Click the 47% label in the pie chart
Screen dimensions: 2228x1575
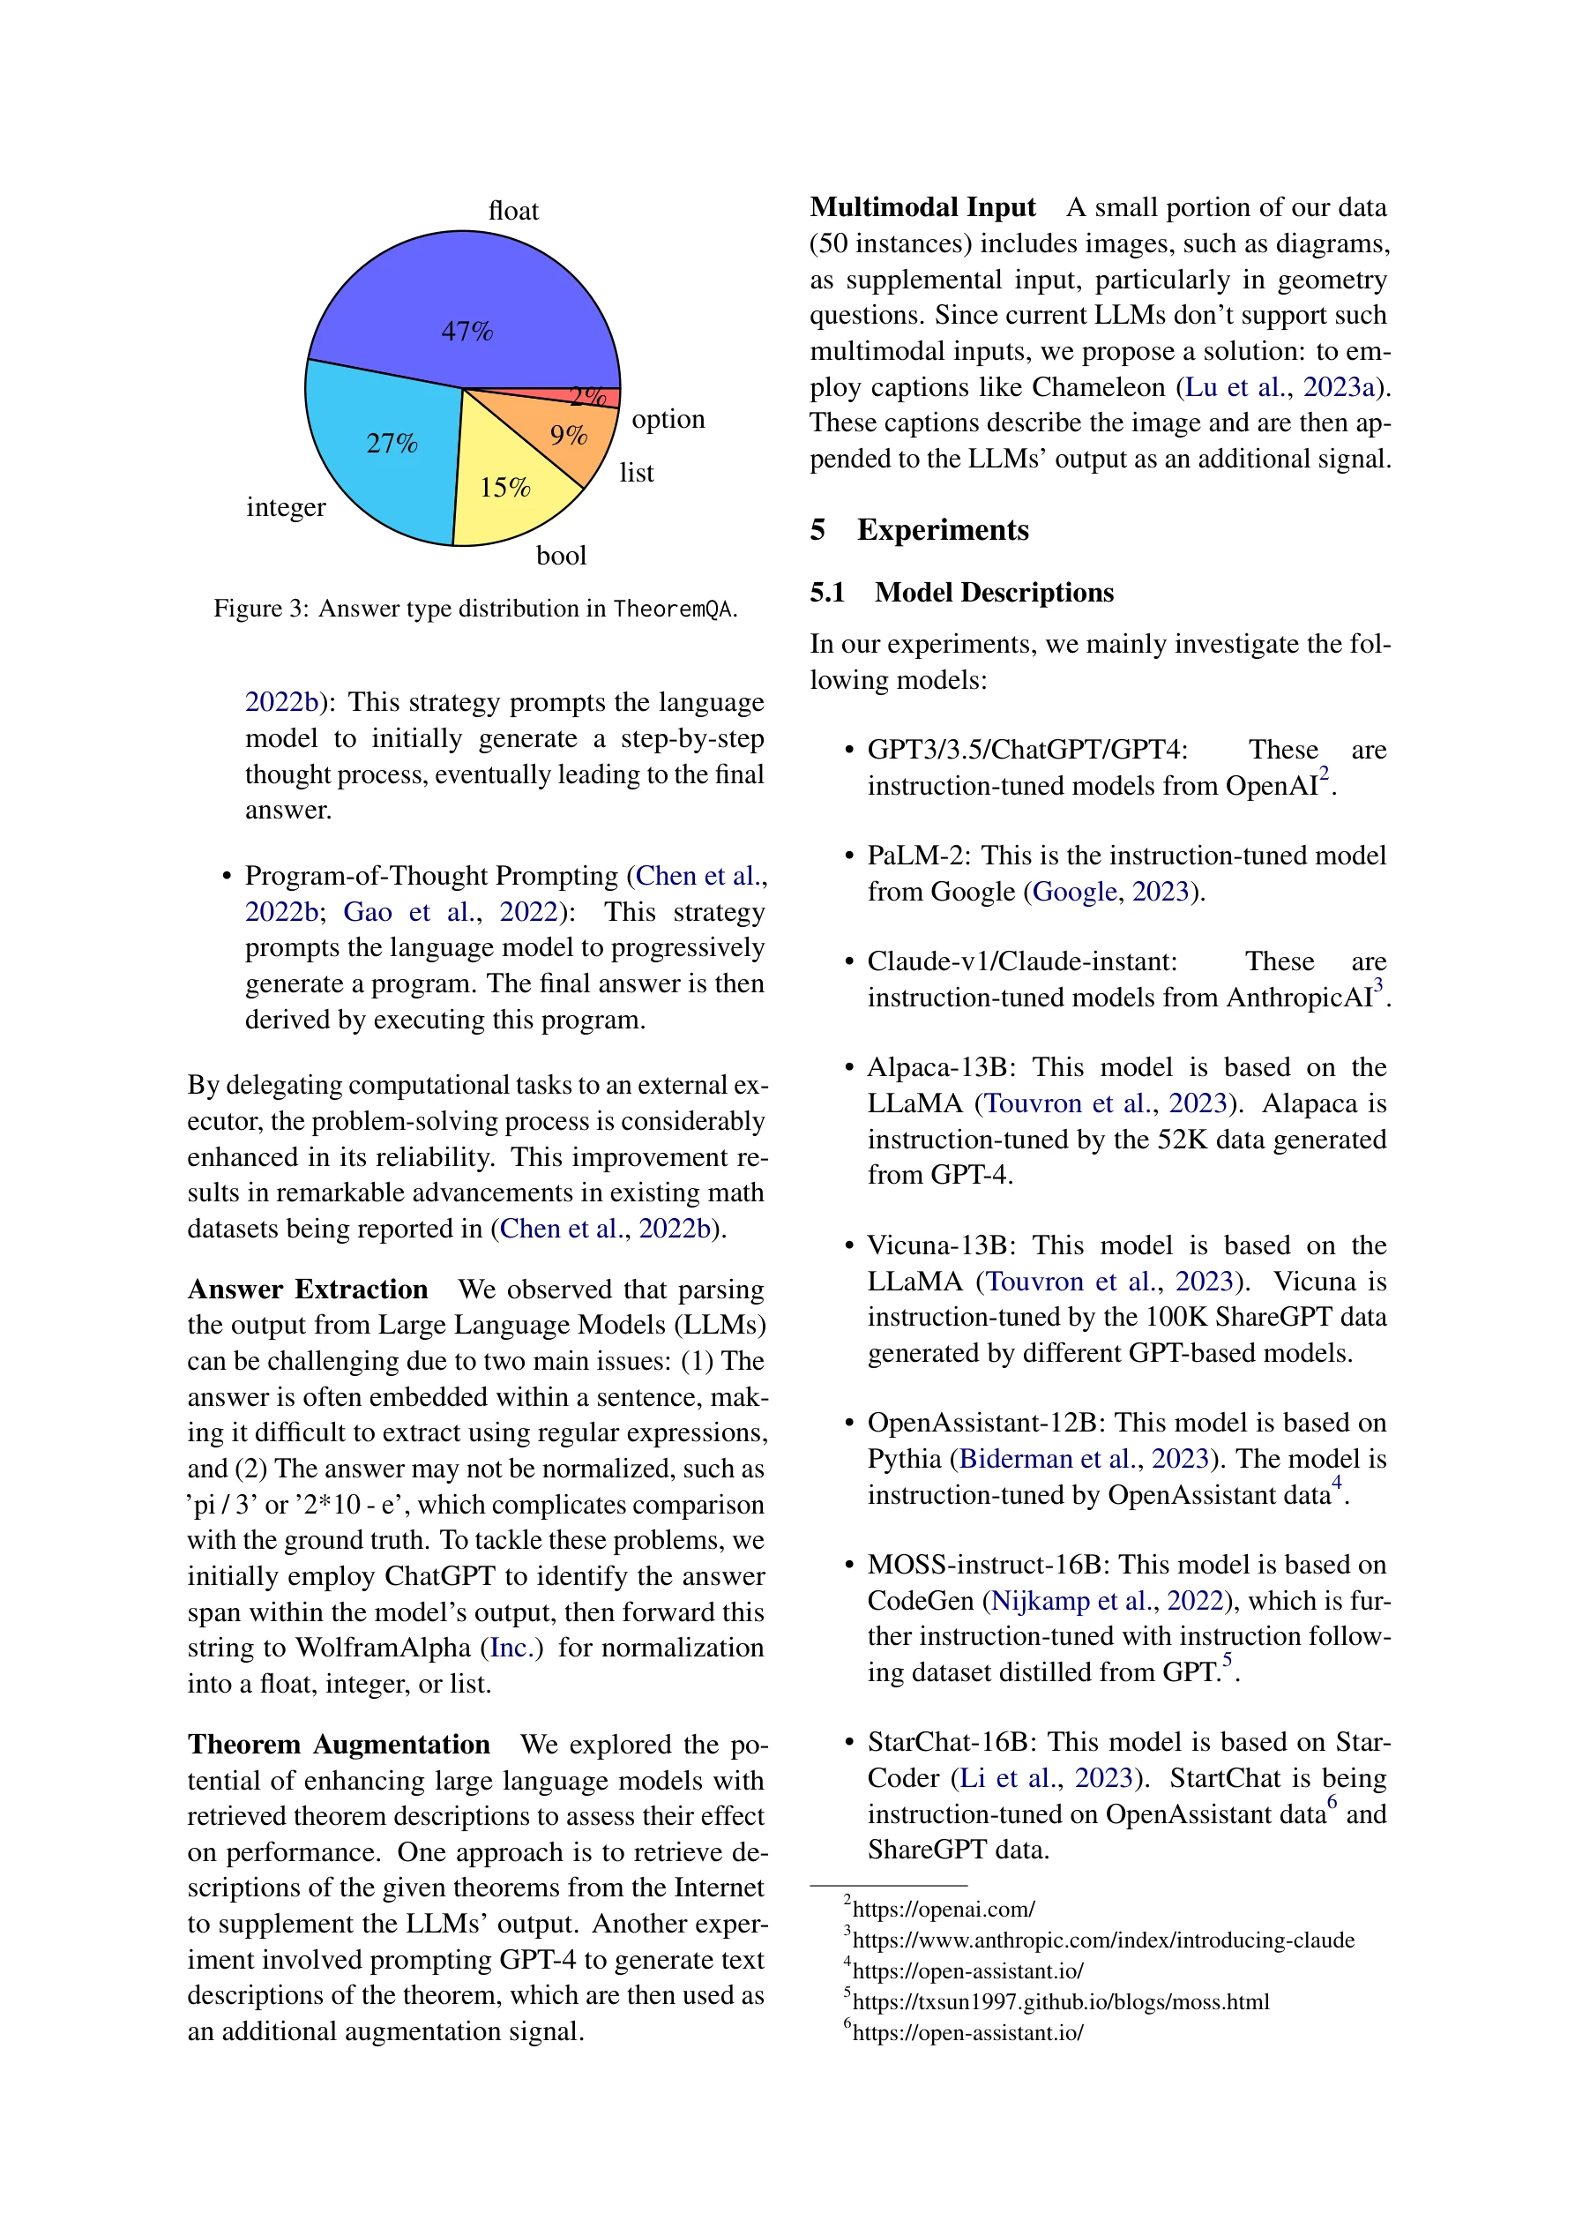pos(467,332)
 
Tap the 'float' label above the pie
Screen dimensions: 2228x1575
pos(512,211)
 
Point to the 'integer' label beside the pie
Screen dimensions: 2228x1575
pos(286,507)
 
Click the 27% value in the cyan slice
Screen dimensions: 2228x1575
pos(391,444)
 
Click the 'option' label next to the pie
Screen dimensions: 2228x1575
pos(668,419)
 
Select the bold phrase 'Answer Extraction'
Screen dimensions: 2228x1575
pos(308,1289)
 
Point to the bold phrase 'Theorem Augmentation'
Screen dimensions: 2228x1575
pos(339,1744)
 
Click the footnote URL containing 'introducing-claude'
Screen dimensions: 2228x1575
pos(1102,1940)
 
